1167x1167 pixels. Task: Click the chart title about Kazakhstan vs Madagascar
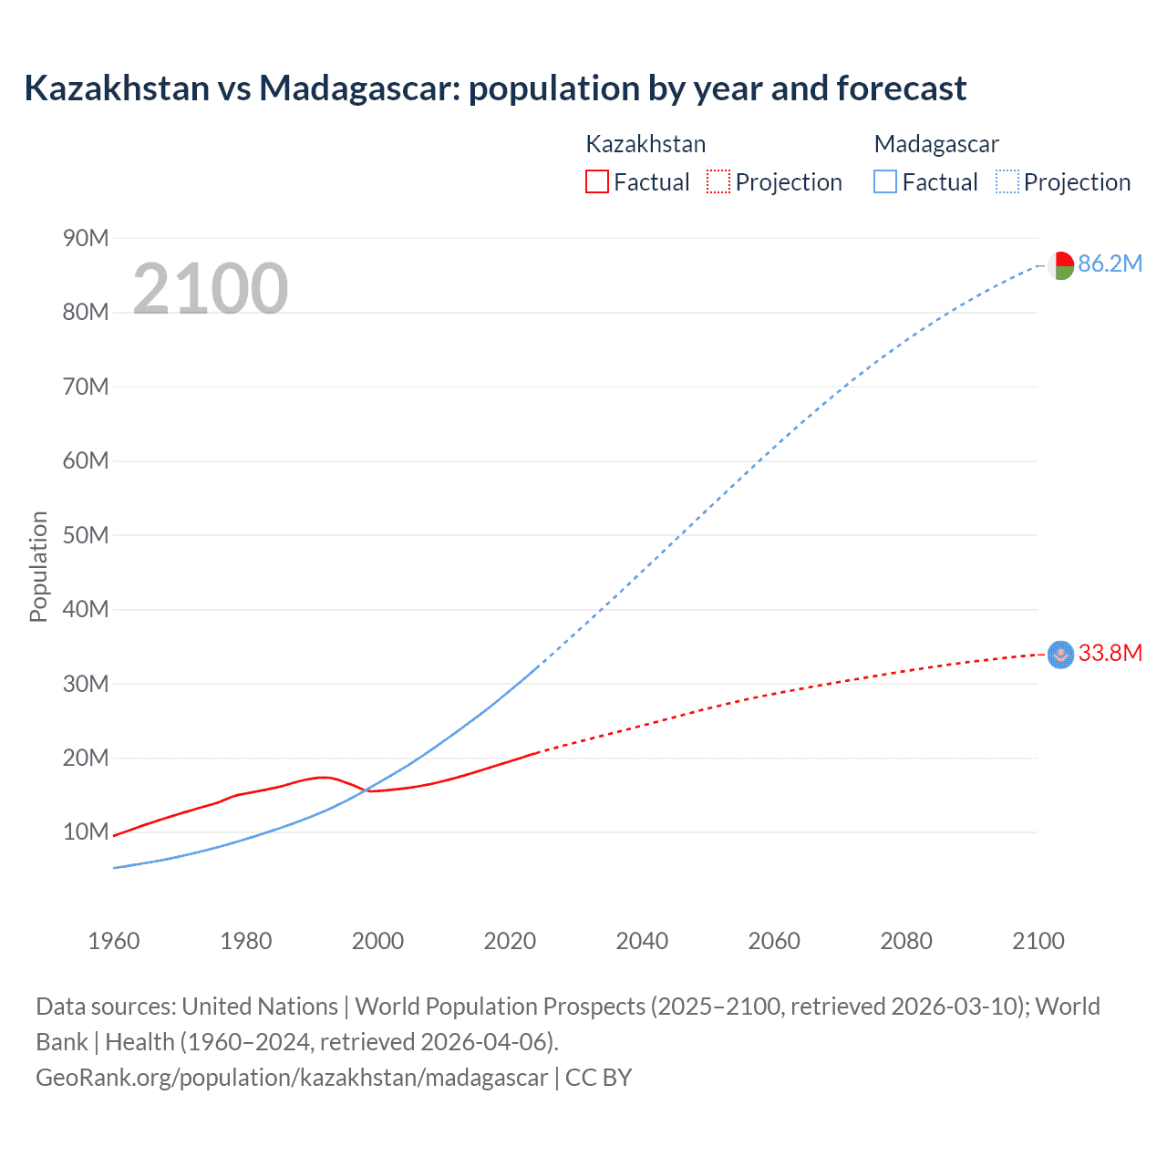495,88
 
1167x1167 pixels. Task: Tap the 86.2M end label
1110,263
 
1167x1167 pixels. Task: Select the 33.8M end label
1110,653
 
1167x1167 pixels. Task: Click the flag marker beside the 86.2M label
1060,265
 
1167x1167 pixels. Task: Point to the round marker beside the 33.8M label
1060,655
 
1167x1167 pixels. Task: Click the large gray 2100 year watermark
211,289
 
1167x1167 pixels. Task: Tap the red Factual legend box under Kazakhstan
596,181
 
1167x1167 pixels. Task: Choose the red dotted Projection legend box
718,181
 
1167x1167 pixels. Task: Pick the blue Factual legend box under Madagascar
884,181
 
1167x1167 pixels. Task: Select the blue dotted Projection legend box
1007,181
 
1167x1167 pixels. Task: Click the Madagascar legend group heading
935,144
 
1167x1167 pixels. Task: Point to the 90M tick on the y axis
86,238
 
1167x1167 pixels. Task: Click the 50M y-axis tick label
86,535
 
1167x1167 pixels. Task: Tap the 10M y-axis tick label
86,831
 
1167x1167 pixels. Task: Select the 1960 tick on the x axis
114,941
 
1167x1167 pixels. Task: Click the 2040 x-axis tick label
642,941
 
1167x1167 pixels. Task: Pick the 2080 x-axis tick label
906,941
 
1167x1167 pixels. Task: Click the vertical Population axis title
38,566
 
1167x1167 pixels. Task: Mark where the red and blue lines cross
365,790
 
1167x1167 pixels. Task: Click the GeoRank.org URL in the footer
292,1078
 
